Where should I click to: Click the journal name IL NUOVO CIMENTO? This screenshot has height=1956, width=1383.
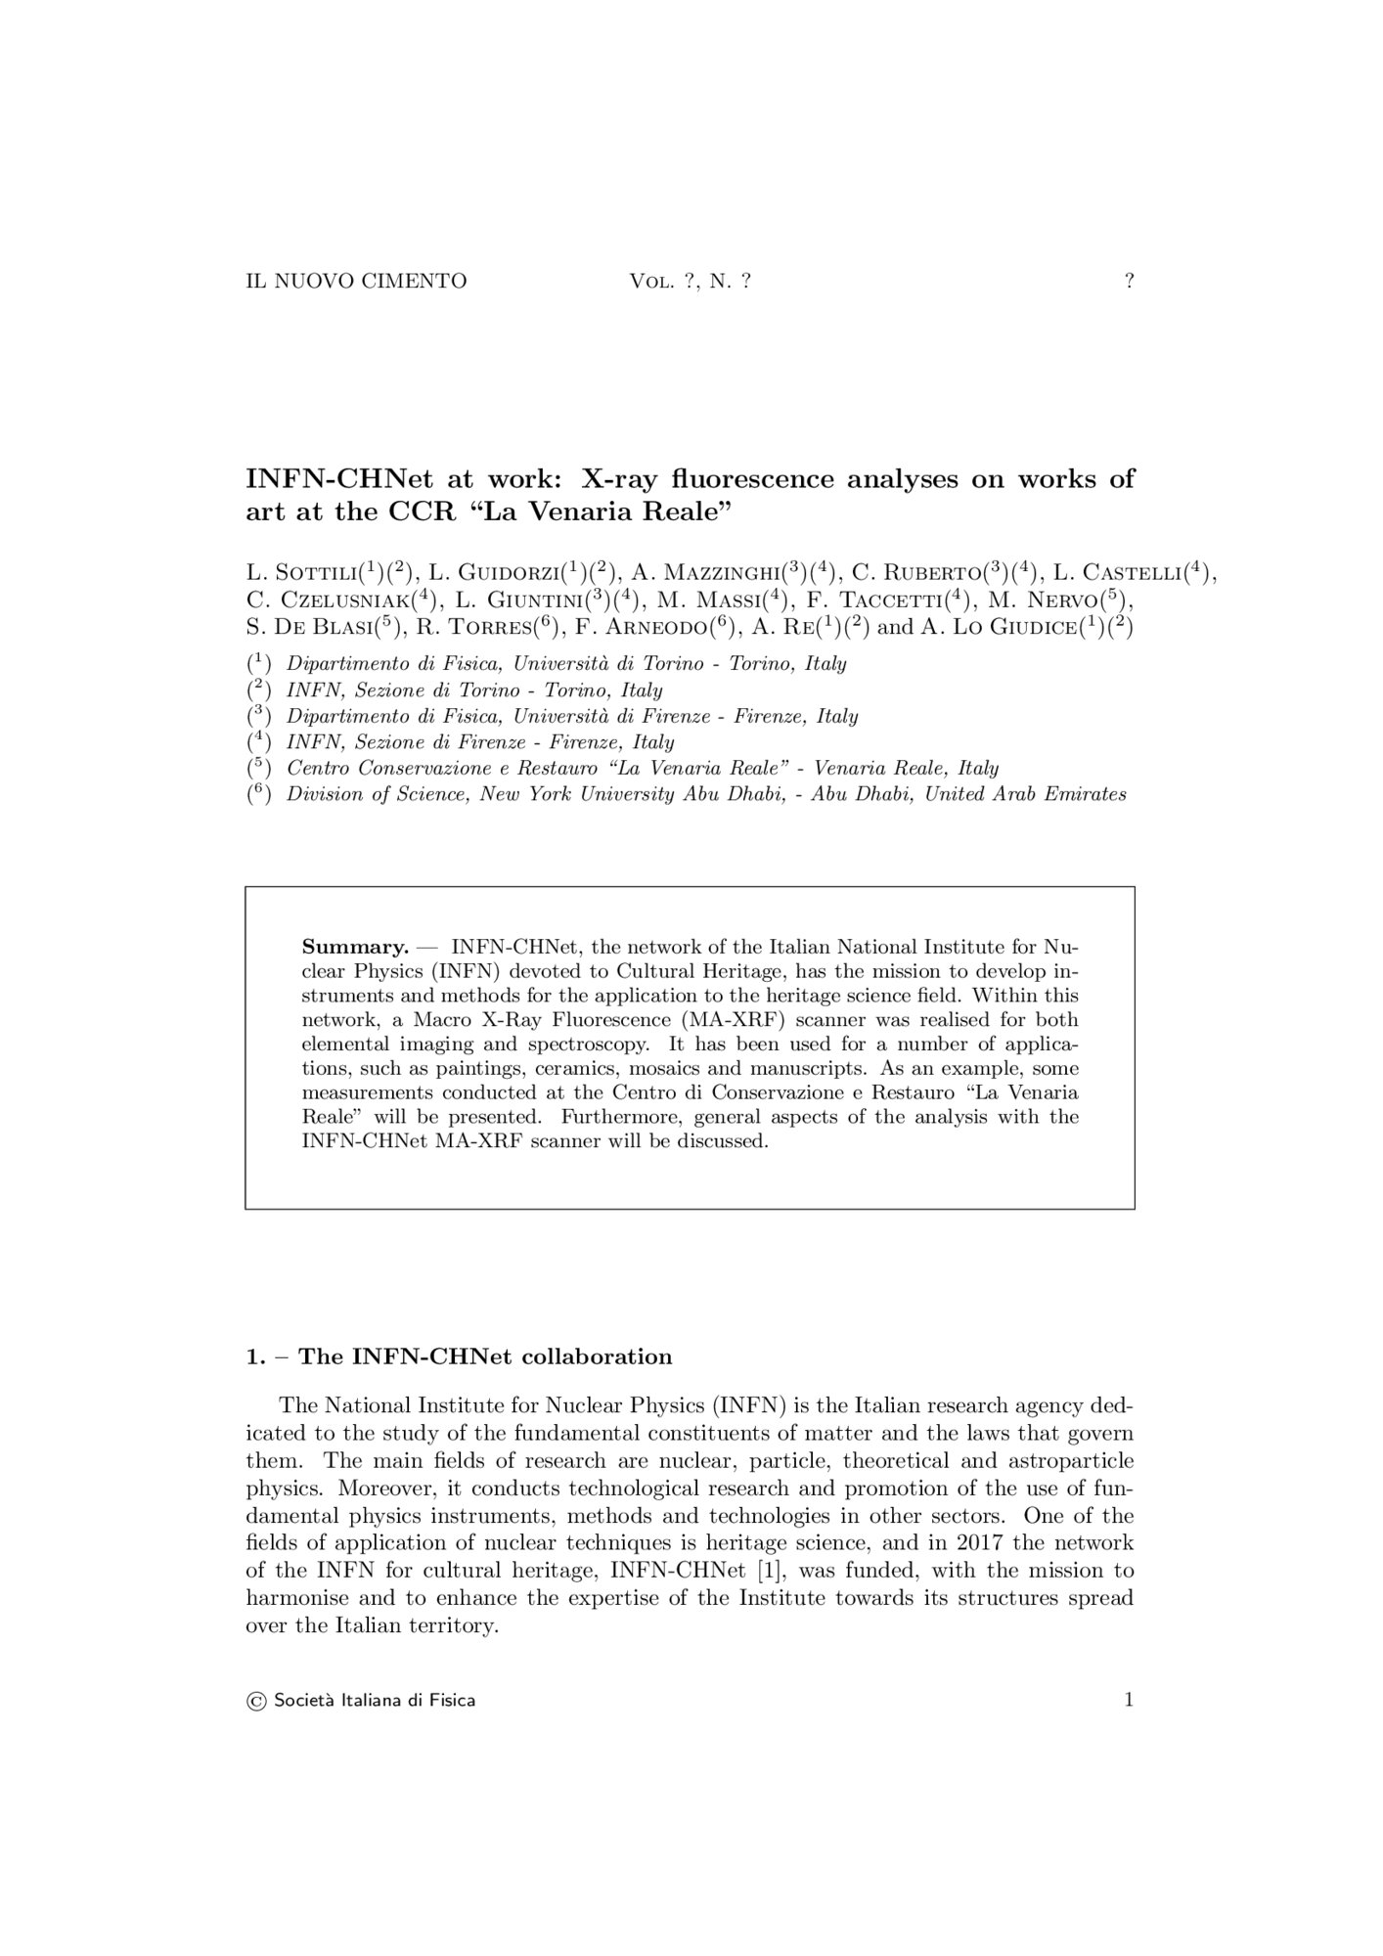356,282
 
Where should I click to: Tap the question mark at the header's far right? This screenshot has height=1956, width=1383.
1129,282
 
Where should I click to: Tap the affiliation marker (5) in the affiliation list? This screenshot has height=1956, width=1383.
258,768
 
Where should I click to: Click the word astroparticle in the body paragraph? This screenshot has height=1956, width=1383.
1075,1461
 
